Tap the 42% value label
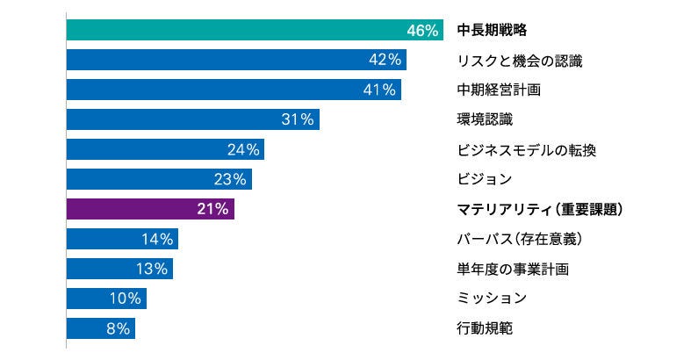(x=385, y=60)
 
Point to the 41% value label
(x=380, y=90)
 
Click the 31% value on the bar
(x=298, y=119)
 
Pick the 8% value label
(x=119, y=328)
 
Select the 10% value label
(x=125, y=299)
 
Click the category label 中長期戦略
(x=492, y=31)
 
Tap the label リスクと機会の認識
(x=520, y=61)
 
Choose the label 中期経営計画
(x=500, y=90)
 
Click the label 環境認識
(x=485, y=119)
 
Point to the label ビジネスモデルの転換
(x=527, y=149)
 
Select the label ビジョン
(x=485, y=179)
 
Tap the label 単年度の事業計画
(x=513, y=269)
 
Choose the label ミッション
(x=492, y=299)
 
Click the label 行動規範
(x=485, y=328)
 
